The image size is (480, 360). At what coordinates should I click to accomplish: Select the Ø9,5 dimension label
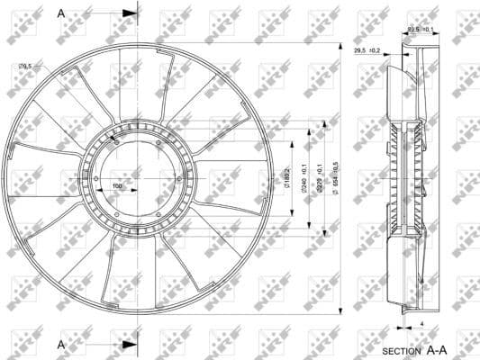[25, 66]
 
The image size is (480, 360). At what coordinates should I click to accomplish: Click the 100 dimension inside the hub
[117, 186]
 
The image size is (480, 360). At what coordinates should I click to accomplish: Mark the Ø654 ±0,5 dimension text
[336, 177]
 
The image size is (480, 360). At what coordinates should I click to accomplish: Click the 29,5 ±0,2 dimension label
[367, 51]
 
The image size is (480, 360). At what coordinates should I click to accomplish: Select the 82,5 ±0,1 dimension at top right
[421, 29]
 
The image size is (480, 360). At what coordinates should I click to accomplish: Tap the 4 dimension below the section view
[421, 321]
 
